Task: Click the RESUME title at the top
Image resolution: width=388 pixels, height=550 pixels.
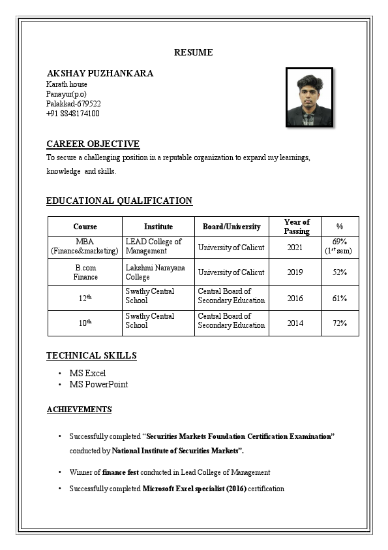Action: tap(193, 52)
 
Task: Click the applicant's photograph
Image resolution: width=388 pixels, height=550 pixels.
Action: tap(309, 97)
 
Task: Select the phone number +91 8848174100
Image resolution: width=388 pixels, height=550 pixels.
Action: tap(72, 114)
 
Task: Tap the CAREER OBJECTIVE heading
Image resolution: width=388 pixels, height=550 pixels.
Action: tap(93, 144)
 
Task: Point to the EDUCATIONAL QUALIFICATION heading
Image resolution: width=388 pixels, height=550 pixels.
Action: tap(119, 201)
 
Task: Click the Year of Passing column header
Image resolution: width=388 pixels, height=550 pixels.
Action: tap(297, 227)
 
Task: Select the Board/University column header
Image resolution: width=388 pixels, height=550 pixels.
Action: tap(231, 227)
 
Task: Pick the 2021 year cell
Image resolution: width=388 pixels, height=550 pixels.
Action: tap(295, 247)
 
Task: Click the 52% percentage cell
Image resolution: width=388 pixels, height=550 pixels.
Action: tap(339, 272)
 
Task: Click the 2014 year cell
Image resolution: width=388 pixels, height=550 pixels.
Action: tap(295, 323)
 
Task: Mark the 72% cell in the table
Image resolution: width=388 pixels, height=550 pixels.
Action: tap(339, 323)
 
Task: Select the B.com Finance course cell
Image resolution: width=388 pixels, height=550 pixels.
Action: tap(85, 272)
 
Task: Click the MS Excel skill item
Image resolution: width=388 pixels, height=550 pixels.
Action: tap(87, 373)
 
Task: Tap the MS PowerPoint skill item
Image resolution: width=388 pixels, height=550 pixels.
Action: tap(98, 384)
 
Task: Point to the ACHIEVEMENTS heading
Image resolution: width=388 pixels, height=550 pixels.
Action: tap(79, 410)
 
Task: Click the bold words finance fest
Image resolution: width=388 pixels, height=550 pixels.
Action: tap(122, 472)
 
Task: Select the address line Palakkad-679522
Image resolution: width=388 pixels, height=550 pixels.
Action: tap(73, 104)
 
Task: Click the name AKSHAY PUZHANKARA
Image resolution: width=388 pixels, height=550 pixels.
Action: tap(100, 73)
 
